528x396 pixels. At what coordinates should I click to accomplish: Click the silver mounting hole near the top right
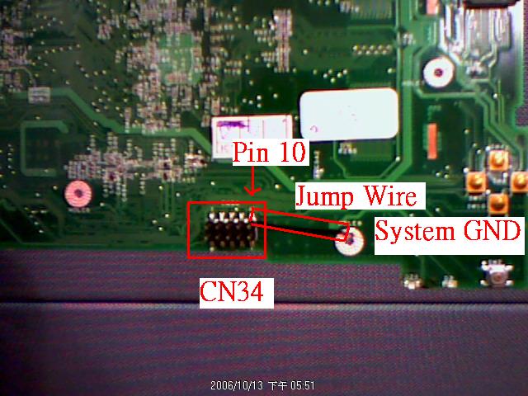pos(437,73)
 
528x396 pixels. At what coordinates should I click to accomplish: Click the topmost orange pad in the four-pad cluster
pos(498,158)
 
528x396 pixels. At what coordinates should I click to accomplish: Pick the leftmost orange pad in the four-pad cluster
pos(475,181)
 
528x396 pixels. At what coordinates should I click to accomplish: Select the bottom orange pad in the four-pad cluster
pos(497,201)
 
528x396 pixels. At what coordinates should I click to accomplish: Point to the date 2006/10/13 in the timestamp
pos(235,385)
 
